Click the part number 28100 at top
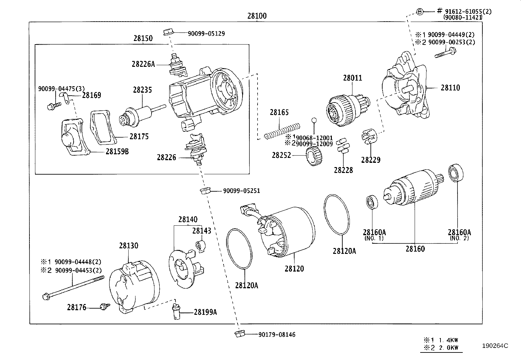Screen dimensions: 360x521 coord(257,16)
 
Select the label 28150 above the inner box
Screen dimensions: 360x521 coord(143,38)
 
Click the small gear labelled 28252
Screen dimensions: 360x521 coord(314,156)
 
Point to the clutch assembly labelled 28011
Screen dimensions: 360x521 coord(347,106)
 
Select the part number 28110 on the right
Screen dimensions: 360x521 coord(450,88)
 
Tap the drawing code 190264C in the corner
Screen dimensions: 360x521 coord(494,346)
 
